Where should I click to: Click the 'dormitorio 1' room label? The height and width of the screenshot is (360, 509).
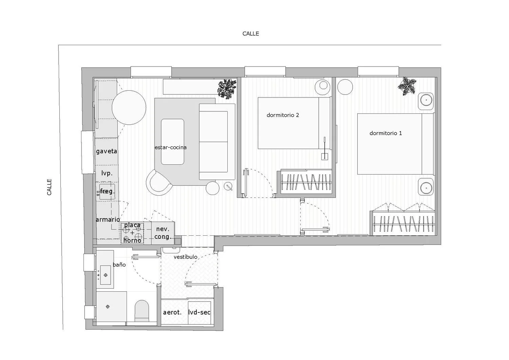pos(385,133)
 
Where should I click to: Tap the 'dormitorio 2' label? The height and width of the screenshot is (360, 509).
pos(283,115)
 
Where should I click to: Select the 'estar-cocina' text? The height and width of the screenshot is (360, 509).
pos(170,147)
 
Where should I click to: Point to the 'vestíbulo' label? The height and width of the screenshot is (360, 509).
pos(185,257)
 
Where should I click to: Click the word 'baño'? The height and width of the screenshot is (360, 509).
pos(119,265)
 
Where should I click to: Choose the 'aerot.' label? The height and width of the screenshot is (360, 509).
pos(172,312)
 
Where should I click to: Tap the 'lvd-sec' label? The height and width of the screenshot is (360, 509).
pos(199,312)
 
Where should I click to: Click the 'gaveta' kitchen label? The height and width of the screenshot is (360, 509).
pos(106,151)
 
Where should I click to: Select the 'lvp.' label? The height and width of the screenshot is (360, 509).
pos(107,173)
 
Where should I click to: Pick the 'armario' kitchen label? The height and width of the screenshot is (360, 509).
pos(108,219)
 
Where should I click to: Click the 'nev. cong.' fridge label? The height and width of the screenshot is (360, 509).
pos(163,233)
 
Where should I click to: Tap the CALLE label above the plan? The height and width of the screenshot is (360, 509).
pos(251,34)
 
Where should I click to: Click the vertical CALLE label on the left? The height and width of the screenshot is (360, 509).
pos(49,187)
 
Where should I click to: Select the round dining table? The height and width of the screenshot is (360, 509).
pos(129,108)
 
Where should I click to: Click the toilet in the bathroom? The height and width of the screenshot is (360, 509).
pos(142,311)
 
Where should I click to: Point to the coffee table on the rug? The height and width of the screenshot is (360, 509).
pos(172,142)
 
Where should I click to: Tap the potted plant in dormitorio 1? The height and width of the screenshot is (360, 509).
pos(407,86)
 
